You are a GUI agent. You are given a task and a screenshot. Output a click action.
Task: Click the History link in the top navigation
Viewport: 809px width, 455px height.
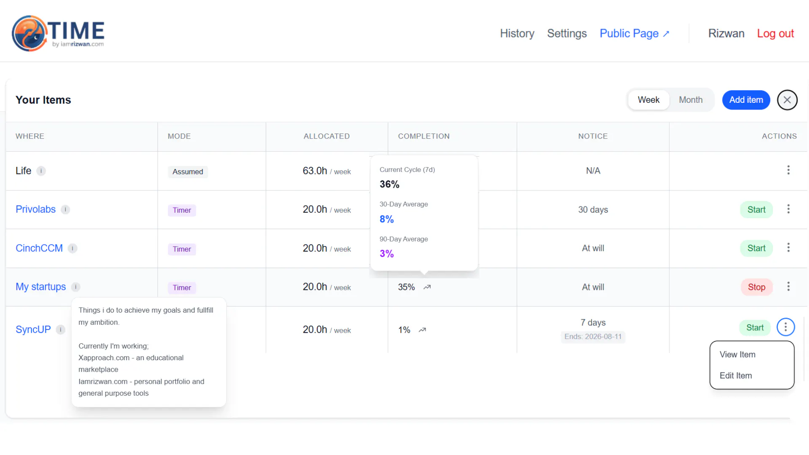point(517,33)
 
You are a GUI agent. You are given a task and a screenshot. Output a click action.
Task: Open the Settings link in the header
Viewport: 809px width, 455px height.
point(567,33)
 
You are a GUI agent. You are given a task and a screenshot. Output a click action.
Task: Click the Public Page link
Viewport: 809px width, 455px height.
point(634,33)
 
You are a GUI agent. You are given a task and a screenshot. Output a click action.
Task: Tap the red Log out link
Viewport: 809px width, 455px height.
point(775,33)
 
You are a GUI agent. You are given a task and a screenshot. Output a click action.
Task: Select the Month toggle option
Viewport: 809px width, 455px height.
point(691,100)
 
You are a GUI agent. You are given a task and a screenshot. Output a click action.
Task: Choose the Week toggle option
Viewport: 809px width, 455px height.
point(648,100)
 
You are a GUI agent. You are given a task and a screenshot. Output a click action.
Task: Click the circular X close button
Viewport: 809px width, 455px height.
point(787,100)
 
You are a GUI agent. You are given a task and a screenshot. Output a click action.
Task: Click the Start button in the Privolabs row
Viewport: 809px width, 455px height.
point(756,210)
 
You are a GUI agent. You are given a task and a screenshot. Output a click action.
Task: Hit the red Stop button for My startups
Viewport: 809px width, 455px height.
point(756,287)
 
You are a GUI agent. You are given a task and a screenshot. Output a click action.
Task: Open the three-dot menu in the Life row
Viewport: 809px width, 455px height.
point(788,170)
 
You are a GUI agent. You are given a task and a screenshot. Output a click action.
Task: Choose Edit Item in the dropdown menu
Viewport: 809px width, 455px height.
point(736,375)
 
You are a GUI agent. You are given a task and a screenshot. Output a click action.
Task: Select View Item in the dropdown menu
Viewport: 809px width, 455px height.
point(737,354)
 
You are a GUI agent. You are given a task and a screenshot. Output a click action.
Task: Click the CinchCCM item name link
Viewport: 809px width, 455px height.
point(39,248)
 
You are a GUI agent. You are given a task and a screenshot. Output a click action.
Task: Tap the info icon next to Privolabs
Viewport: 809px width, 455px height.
point(65,209)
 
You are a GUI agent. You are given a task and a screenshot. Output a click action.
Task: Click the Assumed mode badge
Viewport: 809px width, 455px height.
point(188,171)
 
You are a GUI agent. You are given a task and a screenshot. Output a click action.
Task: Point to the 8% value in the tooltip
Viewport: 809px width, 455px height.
point(387,219)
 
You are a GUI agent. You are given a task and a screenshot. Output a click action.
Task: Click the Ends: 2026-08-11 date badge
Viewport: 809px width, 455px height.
point(593,337)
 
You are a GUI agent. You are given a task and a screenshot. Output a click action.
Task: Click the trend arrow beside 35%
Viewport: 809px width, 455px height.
point(427,287)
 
